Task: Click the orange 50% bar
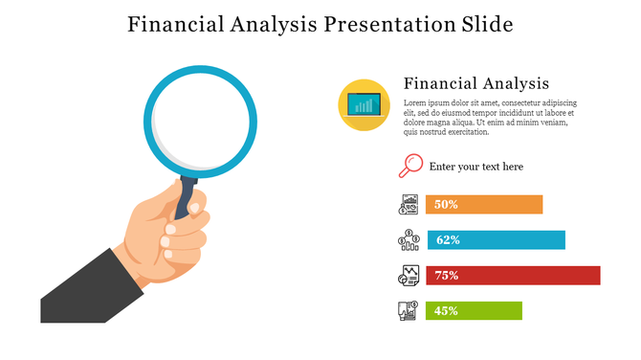pyautogui.click(x=497, y=204)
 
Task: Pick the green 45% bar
pyautogui.click(x=488, y=310)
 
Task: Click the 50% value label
pyautogui.click(x=447, y=204)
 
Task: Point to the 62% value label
pyautogui.click(x=448, y=239)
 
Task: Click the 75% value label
pyautogui.click(x=447, y=275)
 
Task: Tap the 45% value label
pyautogui.click(x=447, y=310)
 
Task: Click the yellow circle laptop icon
pyautogui.click(x=364, y=104)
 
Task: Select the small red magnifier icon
pyautogui.click(x=409, y=166)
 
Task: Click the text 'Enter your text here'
pyautogui.click(x=476, y=167)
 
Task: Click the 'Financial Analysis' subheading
pyautogui.click(x=476, y=82)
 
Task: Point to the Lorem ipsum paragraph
pyautogui.click(x=490, y=117)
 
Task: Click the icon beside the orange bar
pyautogui.click(x=409, y=204)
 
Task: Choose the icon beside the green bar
pyautogui.click(x=409, y=310)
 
